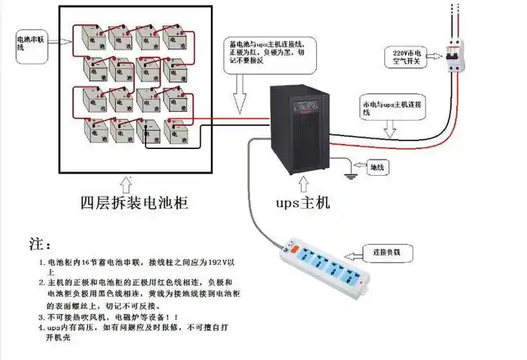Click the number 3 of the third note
coord(42,316)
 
